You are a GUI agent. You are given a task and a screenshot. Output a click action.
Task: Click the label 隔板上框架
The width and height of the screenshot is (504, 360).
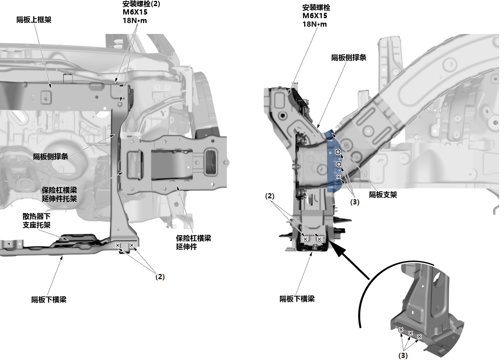(x=34, y=20)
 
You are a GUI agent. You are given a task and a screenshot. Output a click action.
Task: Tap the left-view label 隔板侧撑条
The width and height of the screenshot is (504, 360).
(x=50, y=156)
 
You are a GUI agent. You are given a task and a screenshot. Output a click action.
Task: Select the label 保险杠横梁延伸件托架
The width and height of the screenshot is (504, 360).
(x=59, y=194)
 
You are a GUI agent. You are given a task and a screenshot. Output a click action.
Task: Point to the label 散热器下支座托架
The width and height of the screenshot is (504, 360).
(x=36, y=221)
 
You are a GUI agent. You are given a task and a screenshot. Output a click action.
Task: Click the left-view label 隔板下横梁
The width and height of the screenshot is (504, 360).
(x=49, y=300)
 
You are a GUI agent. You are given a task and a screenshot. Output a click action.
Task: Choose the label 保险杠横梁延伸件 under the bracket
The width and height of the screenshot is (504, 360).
(x=193, y=242)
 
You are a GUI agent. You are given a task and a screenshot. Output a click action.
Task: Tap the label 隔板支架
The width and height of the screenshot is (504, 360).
(x=383, y=195)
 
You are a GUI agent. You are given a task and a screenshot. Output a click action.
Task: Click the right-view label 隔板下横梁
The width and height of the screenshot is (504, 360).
(x=297, y=299)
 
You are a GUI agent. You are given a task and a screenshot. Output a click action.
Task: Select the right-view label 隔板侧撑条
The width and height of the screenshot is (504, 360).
(x=349, y=58)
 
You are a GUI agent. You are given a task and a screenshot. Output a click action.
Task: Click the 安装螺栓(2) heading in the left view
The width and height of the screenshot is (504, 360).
(x=141, y=4)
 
